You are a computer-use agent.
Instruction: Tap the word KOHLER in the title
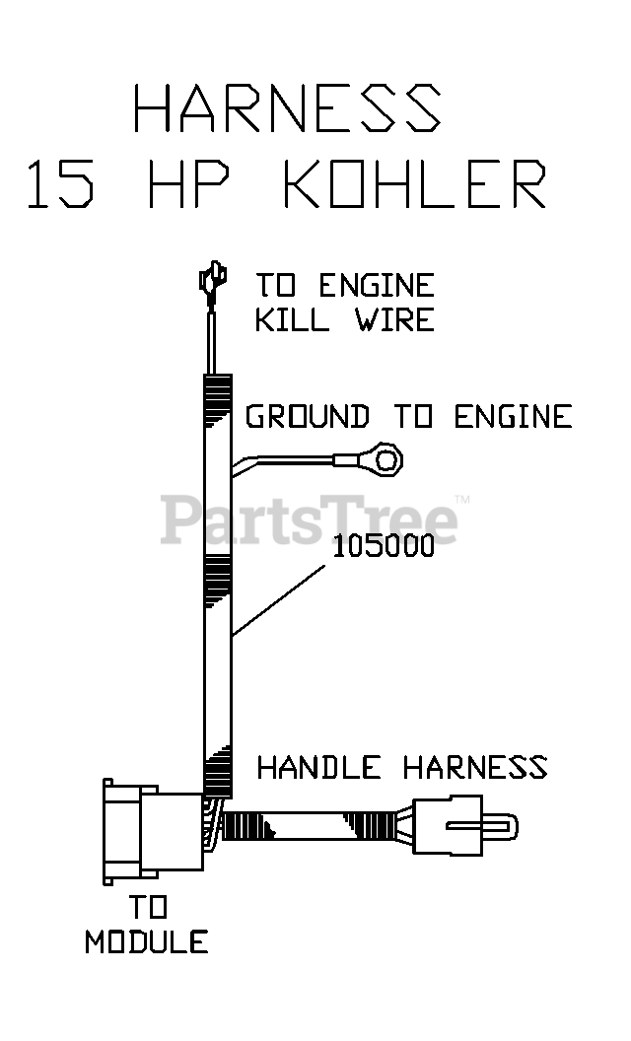[415, 185]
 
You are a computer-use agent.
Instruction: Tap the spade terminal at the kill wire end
[210, 282]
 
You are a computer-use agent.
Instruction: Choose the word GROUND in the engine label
[308, 417]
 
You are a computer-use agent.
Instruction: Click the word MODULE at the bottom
[146, 942]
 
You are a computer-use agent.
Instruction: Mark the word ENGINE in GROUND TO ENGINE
[513, 417]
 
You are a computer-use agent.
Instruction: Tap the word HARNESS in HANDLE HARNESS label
[474, 767]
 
